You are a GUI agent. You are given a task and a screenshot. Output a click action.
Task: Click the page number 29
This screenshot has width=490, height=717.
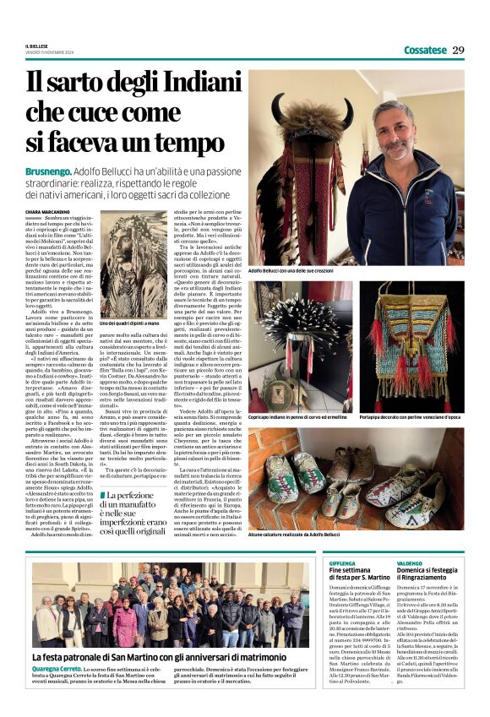pos(458,50)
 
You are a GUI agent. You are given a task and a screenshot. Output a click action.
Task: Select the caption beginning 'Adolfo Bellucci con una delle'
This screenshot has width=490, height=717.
pos(291,271)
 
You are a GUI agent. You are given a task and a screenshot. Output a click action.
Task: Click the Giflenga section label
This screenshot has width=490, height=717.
pos(342,562)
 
